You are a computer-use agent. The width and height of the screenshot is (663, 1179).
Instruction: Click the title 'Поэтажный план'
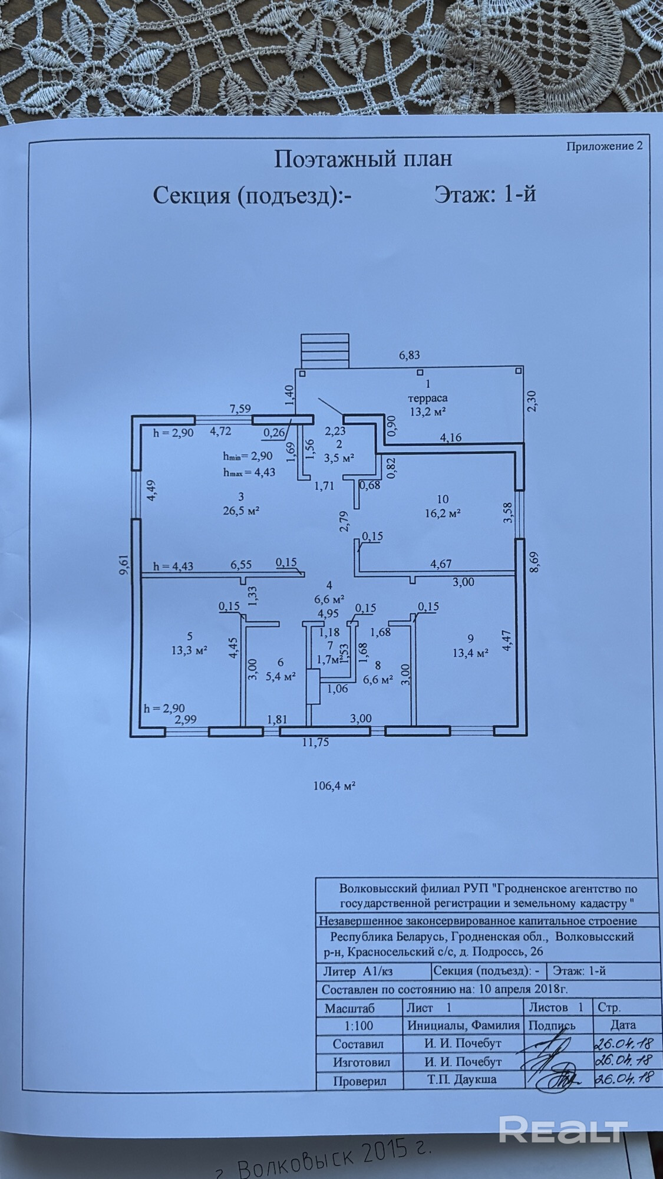pos(363,159)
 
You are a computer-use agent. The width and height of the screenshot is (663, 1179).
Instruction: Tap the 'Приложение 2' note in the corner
pos(604,146)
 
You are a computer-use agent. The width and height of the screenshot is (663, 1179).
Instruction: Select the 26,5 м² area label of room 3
pos(242,510)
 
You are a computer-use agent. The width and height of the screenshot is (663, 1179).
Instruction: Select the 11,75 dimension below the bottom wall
pos(315,742)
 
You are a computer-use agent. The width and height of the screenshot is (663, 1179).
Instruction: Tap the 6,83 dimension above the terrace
pos(409,355)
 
